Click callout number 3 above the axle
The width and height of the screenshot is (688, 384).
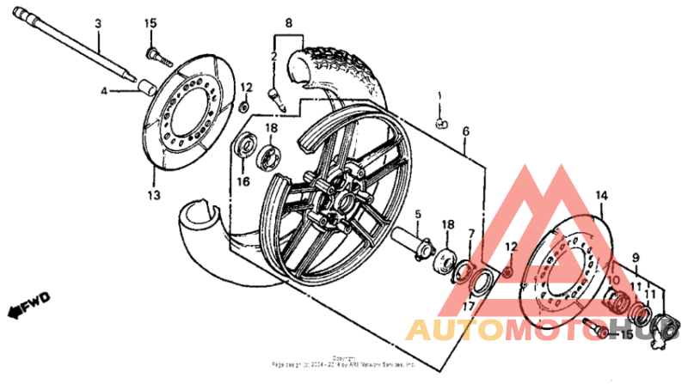(x=98, y=23)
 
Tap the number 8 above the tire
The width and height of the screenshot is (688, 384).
(x=289, y=23)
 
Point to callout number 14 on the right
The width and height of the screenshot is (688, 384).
(x=600, y=195)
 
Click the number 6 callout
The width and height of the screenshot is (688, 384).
(x=465, y=131)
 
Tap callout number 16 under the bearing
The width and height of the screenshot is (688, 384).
(x=243, y=181)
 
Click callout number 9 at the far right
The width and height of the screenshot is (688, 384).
(x=636, y=257)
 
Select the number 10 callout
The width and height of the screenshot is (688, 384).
(x=615, y=281)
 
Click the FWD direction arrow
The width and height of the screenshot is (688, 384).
(x=28, y=302)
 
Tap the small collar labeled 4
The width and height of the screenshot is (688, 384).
(x=145, y=87)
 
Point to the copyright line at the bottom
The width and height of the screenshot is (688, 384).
(x=344, y=364)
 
